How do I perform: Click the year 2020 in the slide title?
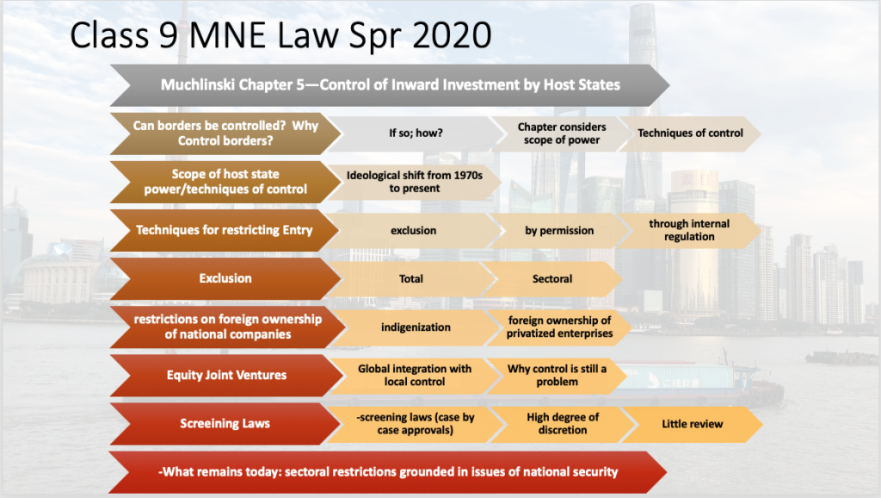pyautogui.click(x=453, y=34)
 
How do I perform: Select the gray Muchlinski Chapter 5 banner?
pyautogui.click(x=390, y=85)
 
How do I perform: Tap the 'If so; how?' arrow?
pyautogui.click(x=416, y=134)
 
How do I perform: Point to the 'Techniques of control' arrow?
pyautogui.click(x=690, y=134)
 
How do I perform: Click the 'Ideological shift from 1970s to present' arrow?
pyautogui.click(x=414, y=182)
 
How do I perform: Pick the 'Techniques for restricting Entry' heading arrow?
pyautogui.click(x=225, y=230)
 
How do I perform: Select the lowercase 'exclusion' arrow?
pyautogui.click(x=413, y=231)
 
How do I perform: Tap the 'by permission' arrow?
pyautogui.click(x=559, y=231)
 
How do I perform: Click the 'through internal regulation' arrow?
pyautogui.click(x=689, y=231)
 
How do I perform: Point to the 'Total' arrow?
pyautogui.click(x=410, y=279)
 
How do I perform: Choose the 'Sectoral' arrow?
pyautogui.click(x=552, y=279)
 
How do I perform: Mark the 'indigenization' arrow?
pyautogui.click(x=416, y=327)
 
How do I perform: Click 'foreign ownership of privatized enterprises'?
pyautogui.click(x=559, y=327)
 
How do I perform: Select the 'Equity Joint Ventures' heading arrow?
pyautogui.click(x=226, y=376)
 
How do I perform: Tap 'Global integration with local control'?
pyautogui.click(x=414, y=376)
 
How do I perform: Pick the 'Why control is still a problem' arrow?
pyautogui.click(x=557, y=376)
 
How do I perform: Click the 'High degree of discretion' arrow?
pyautogui.click(x=563, y=424)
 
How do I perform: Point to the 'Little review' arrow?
pyautogui.click(x=693, y=424)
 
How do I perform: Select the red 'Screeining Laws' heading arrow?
pyautogui.click(x=225, y=424)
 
